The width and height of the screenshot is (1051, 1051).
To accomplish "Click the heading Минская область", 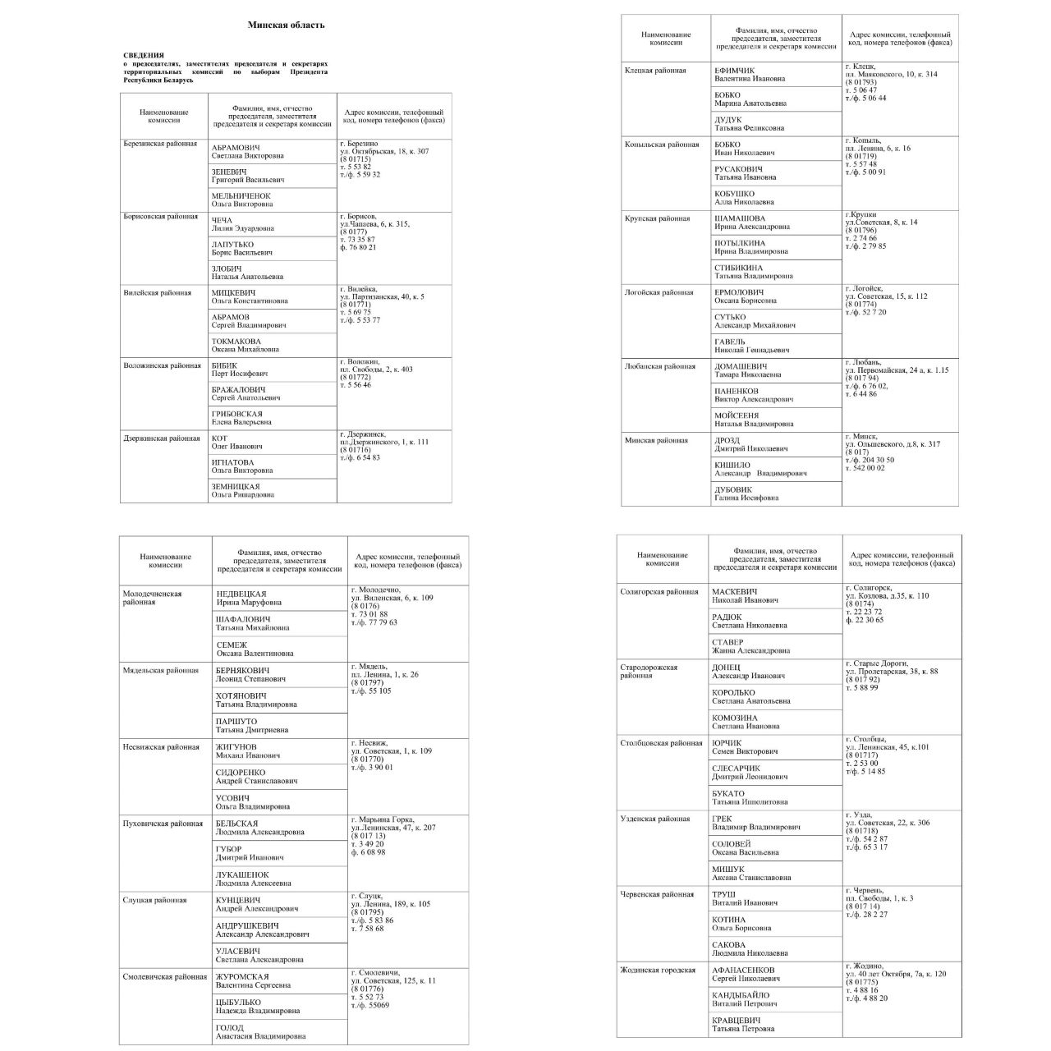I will (286, 25).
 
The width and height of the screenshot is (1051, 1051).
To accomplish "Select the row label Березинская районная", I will (160, 144).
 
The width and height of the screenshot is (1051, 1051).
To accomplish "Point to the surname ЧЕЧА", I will (222, 220).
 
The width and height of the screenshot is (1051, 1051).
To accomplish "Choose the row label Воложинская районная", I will (162, 366).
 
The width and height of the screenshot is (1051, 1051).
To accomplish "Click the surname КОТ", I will (219, 438).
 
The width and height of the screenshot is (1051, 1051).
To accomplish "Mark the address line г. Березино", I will (359, 144).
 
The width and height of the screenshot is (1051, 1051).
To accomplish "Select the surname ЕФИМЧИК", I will (734, 71).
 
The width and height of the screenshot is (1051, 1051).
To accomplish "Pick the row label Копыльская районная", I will (662, 145).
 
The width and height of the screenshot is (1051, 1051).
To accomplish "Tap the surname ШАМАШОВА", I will (740, 218).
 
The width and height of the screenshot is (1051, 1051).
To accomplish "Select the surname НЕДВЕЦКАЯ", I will (241, 594).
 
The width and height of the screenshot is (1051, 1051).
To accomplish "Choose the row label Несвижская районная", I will (161, 747).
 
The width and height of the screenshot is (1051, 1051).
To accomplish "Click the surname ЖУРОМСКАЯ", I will (242, 976).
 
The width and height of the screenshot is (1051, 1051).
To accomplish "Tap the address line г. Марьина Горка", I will (383, 819).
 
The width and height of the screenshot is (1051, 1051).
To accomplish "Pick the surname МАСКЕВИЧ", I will (735, 591).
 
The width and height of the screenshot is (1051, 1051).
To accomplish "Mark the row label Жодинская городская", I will (658, 971).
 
